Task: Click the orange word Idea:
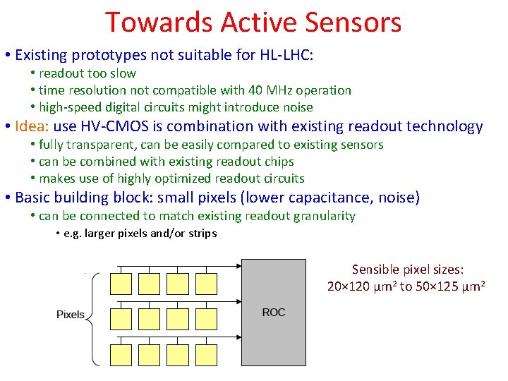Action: tap(32, 126)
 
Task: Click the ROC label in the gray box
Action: tap(274, 312)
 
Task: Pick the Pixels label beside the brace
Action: tap(71, 315)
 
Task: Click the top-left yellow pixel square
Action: tap(121, 283)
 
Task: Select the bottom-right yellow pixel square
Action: tap(205, 355)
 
